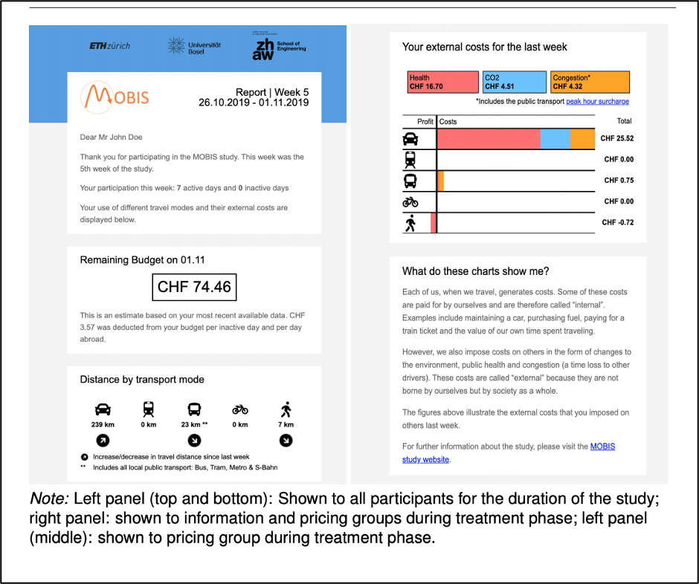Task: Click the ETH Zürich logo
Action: (x=109, y=46)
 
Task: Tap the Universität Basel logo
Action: (x=189, y=46)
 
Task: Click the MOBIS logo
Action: (x=115, y=97)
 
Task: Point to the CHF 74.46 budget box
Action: (x=194, y=287)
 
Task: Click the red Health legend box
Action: (x=442, y=82)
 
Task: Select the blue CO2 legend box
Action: (x=515, y=82)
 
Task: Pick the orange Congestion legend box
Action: (x=590, y=82)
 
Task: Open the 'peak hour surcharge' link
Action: (x=597, y=102)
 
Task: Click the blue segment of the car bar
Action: (x=555, y=139)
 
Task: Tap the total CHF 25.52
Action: (x=616, y=139)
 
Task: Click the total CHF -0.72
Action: (x=617, y=222)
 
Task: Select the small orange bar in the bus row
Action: (x=440, y=181)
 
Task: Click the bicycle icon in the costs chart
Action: (x=410, y=201)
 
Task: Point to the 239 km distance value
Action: (x=103, y=425)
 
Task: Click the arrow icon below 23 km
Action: (x=194, y=441)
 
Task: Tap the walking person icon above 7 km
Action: (x=286, y=409)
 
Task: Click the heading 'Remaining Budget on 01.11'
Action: (x=142, y=260)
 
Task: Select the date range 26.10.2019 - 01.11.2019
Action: (x=253, y=103)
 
